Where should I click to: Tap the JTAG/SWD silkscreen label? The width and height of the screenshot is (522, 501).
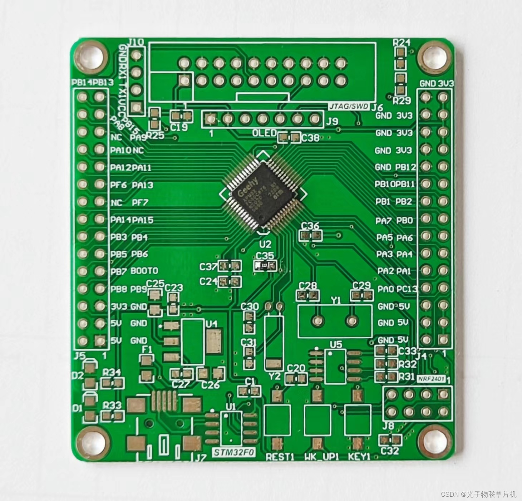click(x=349, y=107)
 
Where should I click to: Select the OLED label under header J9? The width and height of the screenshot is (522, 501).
click(x=264, y=133)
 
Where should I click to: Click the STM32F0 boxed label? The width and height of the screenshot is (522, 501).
click(x=234, y=453)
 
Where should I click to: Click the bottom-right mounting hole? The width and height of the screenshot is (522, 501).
click(x=434, y=442)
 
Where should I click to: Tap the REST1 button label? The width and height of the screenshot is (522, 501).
click(x=280, y=457)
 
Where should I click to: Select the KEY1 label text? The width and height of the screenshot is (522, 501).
click(x=359, y=457)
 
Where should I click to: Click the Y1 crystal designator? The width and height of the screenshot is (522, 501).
click(x=335, y=300)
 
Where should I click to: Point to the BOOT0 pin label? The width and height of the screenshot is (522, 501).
click(x=144, y=271)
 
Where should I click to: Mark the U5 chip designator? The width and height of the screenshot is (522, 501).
click(x=336, y=344)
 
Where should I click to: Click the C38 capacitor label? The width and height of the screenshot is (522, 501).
click(x=310, y=138)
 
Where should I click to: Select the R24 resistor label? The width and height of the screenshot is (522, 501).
click(x=402, y=42)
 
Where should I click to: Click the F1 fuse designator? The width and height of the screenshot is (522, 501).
click(x=147, y=349)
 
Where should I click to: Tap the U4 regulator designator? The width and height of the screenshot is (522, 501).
click(x=212, y=324)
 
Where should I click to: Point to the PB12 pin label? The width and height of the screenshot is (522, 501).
click(x=405, y=167)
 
